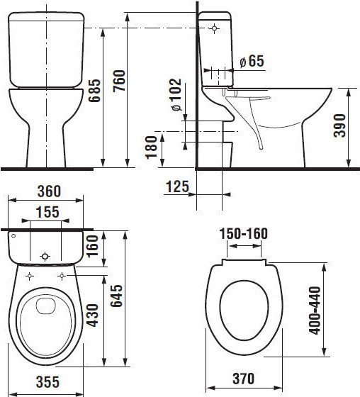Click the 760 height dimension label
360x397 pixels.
coord(119,81)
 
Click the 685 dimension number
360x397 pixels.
coord(94,91)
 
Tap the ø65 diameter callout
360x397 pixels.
coord(252,61)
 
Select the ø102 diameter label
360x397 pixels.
coord(176,95)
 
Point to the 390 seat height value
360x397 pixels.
coord(339,125)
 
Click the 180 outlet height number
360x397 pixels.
coord(152,147)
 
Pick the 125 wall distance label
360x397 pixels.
coord(177,186)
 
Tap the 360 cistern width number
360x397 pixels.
coord(49,191)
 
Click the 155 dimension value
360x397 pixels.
coord(47,212)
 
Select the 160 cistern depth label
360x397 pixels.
coord(92,246)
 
